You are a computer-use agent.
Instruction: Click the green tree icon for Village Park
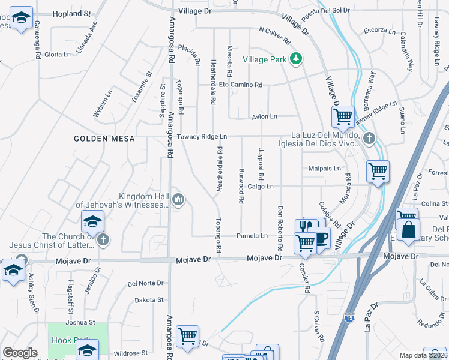(295, 58)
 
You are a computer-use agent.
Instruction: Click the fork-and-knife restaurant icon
(305, 227)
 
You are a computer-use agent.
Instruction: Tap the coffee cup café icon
(321, 238)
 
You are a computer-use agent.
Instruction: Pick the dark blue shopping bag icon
(408, 230)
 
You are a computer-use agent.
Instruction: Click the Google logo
(20, 353)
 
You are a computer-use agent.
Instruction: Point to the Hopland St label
(71, 13)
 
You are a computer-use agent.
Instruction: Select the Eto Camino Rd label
(240, 85)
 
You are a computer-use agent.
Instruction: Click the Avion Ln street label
(264, 116)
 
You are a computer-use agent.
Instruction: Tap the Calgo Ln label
(260, 187)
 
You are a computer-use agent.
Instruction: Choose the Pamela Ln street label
(252, 236)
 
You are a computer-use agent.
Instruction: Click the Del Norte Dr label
(145, 283)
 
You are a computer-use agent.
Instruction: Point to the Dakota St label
(149, 300)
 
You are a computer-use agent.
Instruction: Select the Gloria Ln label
(58, 54)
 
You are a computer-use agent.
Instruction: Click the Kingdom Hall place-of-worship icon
(178, 199)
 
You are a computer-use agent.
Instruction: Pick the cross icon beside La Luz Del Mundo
(369, 139)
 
